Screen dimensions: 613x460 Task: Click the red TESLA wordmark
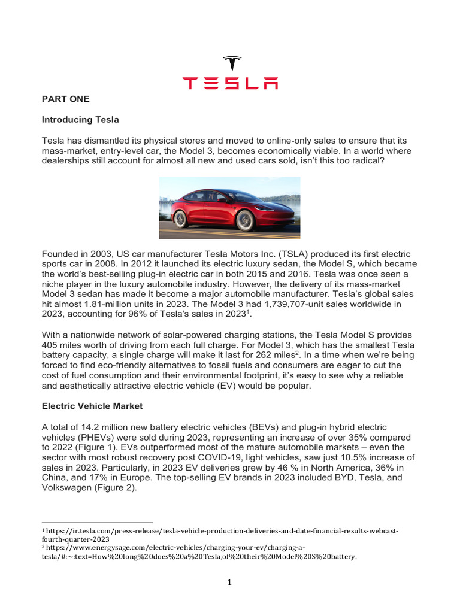point(230,83)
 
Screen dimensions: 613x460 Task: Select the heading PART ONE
point(65,99)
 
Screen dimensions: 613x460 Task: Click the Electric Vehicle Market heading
point(92,406)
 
